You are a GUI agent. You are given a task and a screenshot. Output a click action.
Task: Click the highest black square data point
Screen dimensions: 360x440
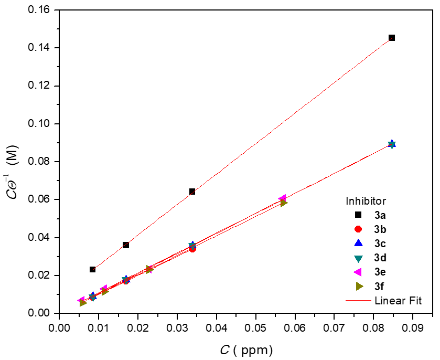coord(392,38)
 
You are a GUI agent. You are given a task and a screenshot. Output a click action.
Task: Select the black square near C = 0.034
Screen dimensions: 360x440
coord(192,192)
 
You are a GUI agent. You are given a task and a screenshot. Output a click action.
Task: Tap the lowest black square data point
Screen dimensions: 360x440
coord(93,270)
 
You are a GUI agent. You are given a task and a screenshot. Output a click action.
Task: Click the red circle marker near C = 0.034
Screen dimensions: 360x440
coord(192,249)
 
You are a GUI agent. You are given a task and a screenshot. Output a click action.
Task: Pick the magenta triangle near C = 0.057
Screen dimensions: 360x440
coord(282,198)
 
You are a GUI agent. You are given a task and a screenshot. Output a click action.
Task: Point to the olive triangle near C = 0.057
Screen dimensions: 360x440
coord(284,203)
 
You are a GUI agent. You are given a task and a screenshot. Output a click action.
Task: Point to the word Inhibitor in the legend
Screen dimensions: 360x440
coord(366,201)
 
